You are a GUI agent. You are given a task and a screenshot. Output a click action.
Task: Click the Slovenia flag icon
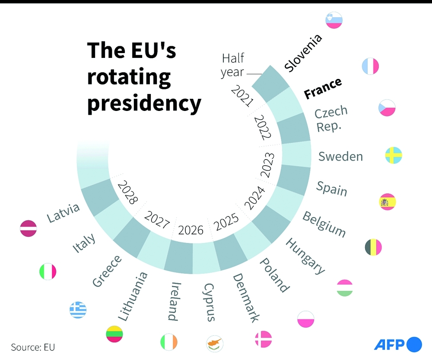click(x=334, y=20)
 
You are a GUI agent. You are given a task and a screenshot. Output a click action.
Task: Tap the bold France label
click(x=323, y=88)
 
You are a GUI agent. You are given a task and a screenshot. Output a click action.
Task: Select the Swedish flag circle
click(x=394, y=155)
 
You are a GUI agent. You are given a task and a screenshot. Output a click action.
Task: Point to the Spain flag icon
click(x=387, y=202)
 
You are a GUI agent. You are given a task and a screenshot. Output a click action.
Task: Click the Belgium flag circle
click(x=373, y=247)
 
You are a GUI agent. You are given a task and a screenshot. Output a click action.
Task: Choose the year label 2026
click(x=191, y=230)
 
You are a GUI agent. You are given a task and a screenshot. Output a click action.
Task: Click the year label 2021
click(x=242, y=96)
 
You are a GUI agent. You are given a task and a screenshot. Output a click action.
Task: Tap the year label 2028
click(x=128, y=192)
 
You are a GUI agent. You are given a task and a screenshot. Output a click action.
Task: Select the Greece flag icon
click(x=78, y=310)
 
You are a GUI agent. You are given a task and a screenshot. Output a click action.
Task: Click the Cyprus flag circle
click(x=215, y=343)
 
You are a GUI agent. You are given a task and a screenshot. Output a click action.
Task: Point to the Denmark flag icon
click(x=263, y=339)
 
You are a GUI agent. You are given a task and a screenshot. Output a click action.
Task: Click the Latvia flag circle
click(x=29, y=228)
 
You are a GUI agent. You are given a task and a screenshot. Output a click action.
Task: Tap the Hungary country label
click(x=305, y=256)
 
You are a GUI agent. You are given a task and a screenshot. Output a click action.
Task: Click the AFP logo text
click(x=389, y=344)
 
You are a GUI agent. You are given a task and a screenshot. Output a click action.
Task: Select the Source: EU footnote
click(x=33, y=347)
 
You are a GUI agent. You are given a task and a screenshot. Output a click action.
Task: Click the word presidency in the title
click(x=144, y=104)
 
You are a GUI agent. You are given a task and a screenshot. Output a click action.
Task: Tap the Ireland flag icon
click(x=168, y=342)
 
